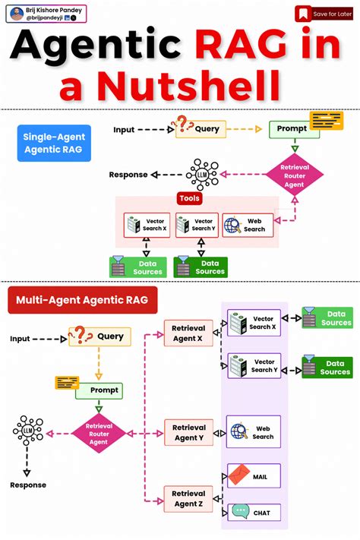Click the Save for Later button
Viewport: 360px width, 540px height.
click(x=324, y=14)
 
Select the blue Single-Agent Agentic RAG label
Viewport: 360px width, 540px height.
click(x=53, y=143)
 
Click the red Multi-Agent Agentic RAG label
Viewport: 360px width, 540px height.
click(x=83, y=300)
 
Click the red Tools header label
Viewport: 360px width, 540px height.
click(x=189, y=198)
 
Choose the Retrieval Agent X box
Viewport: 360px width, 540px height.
click(x=188, y=333)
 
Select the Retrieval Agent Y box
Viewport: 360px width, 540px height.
click(x=188, y=433)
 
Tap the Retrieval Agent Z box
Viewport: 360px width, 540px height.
click(x=188, y=498)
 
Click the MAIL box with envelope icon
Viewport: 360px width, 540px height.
click(x=254, y=476)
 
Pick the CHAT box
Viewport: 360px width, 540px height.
click(x=254, y=512)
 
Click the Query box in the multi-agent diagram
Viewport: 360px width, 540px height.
click(x=99, y=336)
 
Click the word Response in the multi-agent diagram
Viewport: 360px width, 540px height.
click(x=28, y=485)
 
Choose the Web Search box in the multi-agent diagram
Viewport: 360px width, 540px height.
click(x=254, y=431)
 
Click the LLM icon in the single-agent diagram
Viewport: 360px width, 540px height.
click(x=201, y=174)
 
